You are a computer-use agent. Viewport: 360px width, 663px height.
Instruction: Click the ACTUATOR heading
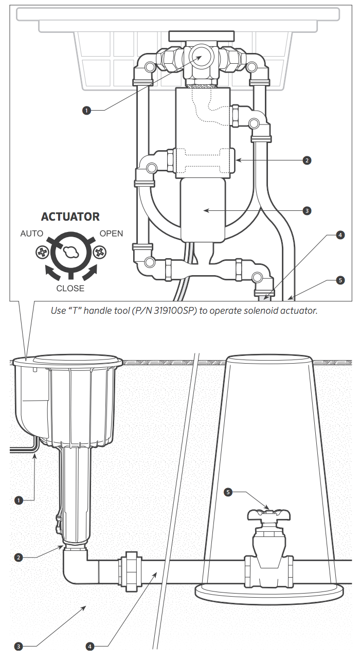[70, 217]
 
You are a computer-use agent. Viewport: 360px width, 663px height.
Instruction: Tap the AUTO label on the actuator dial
[32, 234]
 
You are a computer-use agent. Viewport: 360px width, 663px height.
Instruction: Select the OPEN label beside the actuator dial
[111, 234]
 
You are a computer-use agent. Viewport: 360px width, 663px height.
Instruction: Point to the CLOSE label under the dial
[70, 288]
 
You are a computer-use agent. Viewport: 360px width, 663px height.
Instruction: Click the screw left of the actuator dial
[42, 253]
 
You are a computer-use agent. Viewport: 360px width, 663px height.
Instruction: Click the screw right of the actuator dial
[100, 253]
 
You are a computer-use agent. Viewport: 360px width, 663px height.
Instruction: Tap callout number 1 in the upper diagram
[86, 111]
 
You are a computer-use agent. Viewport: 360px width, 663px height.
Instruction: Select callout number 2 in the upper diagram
[307, 160]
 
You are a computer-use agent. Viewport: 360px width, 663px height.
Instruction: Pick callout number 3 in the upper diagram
[307, 211]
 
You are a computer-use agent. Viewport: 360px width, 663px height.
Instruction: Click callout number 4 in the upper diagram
[340, 235]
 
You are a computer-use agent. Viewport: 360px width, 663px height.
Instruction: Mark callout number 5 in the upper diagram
[340, 280]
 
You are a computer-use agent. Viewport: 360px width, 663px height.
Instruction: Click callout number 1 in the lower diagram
[19, 500]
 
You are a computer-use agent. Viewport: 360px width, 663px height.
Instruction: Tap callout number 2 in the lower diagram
[19, 558]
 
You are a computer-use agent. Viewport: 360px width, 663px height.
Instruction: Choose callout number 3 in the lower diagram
[19, 647]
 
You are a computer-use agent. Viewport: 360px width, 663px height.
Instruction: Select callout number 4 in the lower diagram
[90, 647]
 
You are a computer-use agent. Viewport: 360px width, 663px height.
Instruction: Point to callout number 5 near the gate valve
[228, 492]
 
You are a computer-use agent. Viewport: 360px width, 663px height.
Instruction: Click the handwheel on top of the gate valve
[269, 515]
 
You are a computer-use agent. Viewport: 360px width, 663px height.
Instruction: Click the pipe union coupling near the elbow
[130, 571]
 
